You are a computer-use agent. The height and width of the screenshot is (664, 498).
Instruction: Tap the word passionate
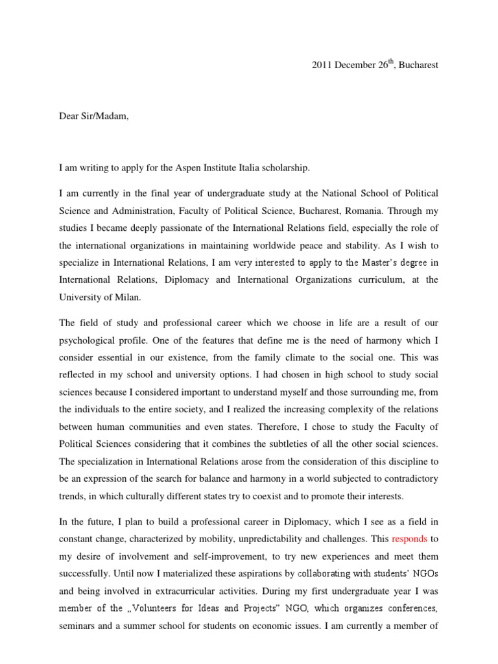[180, 228]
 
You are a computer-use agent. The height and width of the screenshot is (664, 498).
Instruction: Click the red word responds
[410, 539]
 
